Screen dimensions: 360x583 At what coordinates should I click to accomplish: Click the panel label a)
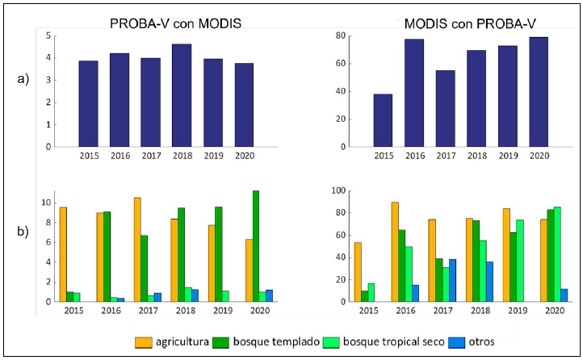[x=23, y=79]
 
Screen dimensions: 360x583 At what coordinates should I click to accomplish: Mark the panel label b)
[x=23, y=232]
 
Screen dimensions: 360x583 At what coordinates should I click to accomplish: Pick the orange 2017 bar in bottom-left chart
[x=138, y=249]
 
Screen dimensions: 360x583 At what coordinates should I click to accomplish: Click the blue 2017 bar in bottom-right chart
[x=452, y=280]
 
